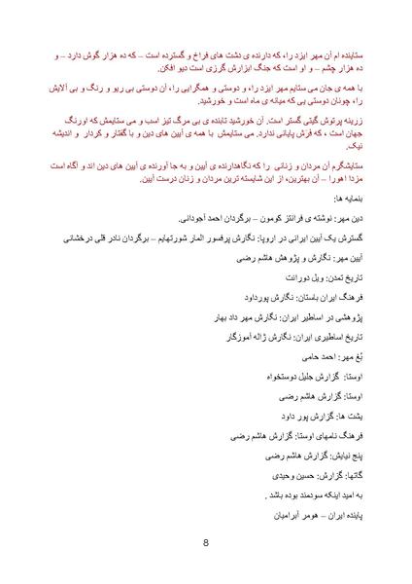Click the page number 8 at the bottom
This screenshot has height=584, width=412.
click(206, 544)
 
